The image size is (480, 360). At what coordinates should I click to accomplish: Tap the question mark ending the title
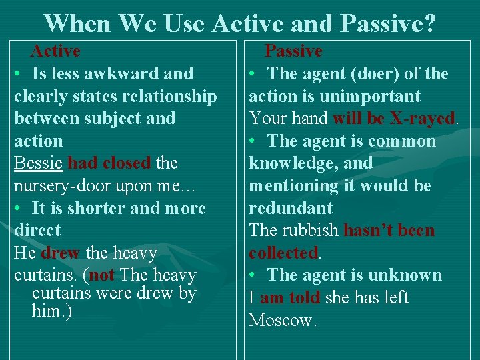pos(429,24)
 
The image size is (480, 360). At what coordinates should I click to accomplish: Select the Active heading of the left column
pos(56,51)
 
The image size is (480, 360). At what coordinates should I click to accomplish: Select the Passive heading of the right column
pos(293,51)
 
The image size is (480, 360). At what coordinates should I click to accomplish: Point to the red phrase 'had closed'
pos(109,163)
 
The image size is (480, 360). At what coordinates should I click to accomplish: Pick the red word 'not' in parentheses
pos(102,275)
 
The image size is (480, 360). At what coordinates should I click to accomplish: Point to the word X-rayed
pos(422,119)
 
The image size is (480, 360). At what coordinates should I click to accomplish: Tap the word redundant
pos(290,208)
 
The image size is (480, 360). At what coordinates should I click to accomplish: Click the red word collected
pos(283,253)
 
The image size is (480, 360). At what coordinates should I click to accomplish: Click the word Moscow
pos(281,321)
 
